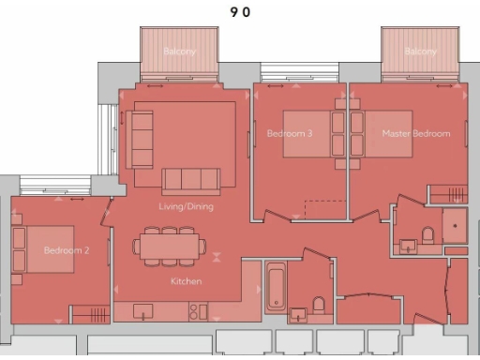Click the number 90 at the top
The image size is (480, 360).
point(239,12)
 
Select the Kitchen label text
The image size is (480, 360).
point(186,281)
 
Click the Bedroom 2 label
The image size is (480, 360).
point(67,251)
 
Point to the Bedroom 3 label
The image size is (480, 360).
point(290,134)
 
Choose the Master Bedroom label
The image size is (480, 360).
point(415,134)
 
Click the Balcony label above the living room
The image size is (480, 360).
point(179,52)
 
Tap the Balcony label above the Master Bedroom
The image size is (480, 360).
point(420,52)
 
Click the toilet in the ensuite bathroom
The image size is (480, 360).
point(427,234)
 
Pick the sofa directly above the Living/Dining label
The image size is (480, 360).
point(191,180)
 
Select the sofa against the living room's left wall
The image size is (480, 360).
point(141,139)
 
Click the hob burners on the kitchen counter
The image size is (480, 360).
point(198,310)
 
